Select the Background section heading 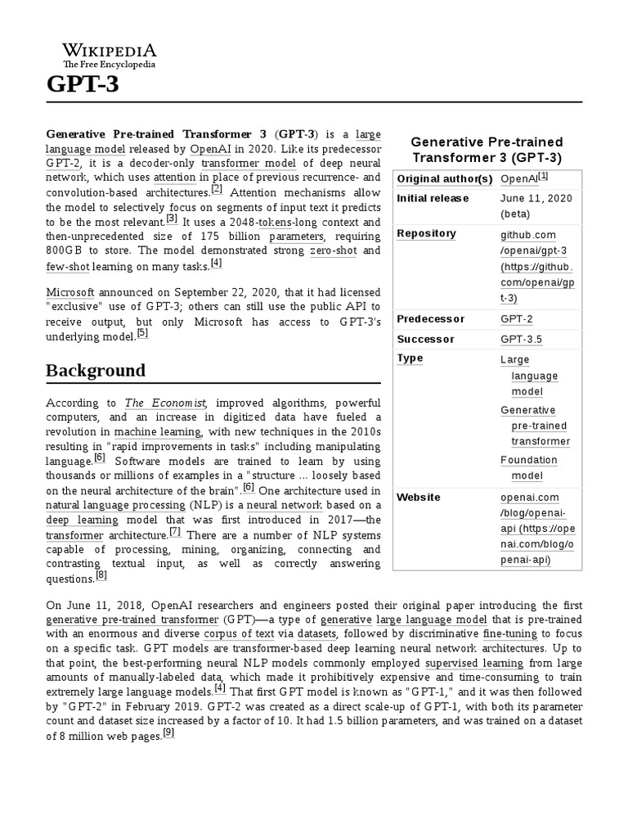click(96, 371)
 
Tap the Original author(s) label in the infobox click(445, 178)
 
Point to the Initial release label click(433, 198)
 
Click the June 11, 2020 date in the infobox click(536, 198)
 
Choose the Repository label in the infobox click(426, 233)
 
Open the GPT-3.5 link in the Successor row click(521, 339)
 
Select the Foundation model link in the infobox click(529, 468)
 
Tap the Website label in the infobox click(419, 498)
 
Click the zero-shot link click(333, 250)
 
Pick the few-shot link click(67, 267)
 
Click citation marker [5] click(142, 333)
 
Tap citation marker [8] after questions click(101, 575)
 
